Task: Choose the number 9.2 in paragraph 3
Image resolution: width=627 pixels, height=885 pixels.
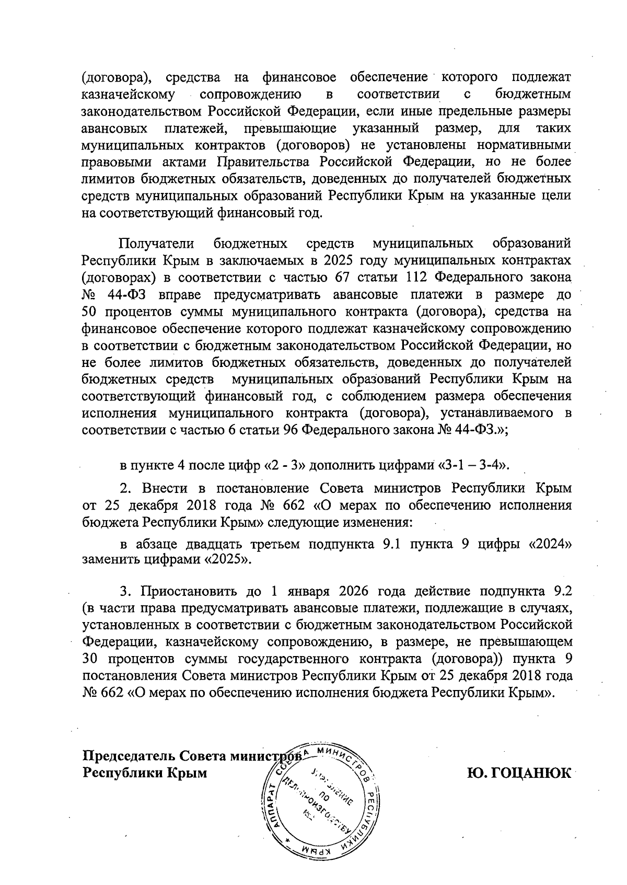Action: click(x=562, y=592)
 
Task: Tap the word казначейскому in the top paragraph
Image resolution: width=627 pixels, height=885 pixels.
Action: click(x=128, y=95)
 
